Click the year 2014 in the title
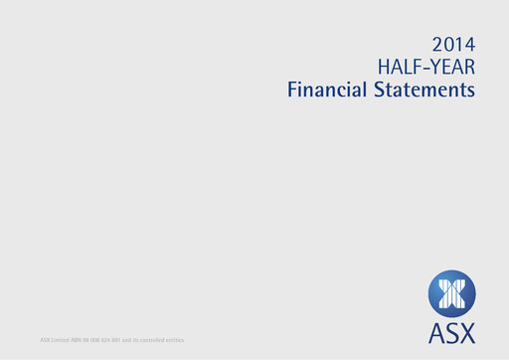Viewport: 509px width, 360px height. pos(453,44)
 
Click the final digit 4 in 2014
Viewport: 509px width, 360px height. pos(468,44)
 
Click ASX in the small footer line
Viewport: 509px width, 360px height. pos(44,341)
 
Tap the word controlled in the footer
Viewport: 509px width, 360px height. pos(153,341)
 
